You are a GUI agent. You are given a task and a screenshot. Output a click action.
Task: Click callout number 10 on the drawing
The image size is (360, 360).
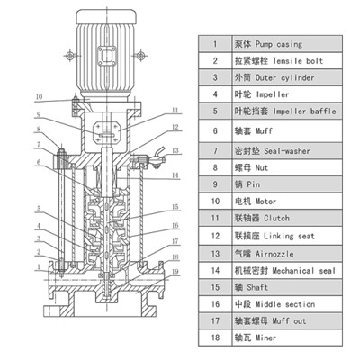40,97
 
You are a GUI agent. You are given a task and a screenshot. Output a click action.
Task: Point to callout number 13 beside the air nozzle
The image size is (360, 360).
175,150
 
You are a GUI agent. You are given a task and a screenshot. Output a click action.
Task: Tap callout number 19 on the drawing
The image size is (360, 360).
175,272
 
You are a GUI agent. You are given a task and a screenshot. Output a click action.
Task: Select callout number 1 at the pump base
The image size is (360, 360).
39,266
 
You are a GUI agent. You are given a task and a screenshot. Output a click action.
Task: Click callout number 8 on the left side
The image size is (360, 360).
39,130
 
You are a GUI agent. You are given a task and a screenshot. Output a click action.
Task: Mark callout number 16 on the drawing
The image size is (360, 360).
175,225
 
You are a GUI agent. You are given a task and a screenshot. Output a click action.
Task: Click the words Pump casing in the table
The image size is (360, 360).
279,44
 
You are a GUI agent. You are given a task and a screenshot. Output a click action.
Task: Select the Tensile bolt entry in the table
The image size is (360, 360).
298,61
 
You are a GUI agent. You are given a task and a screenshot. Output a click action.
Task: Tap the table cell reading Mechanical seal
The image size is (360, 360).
303,271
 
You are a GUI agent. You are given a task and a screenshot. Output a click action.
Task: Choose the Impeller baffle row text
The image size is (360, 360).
304,112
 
